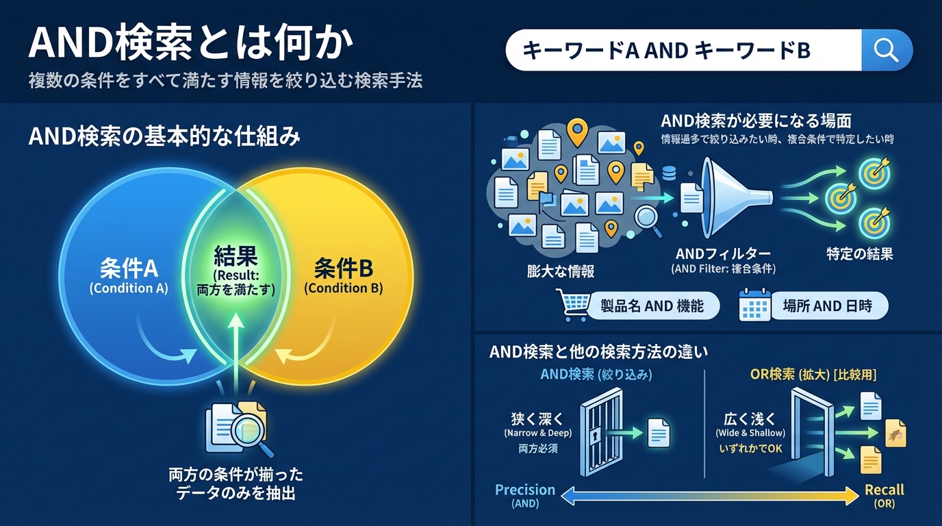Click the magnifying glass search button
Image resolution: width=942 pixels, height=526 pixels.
coord(886,50)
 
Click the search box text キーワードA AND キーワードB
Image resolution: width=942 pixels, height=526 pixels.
coord(666,50)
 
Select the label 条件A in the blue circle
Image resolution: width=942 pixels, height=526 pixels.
coord(129,266)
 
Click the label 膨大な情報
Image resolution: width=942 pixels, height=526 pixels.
coord(556,271)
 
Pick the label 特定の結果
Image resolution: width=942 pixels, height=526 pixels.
coord(859,254)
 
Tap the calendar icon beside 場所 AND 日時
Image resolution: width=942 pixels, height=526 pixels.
coord(755,306)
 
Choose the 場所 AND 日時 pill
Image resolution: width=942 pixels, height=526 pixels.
coord(827,306)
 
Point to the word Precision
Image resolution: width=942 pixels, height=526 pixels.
coord(525,490)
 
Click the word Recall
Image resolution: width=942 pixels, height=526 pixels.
coord(884,490)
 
